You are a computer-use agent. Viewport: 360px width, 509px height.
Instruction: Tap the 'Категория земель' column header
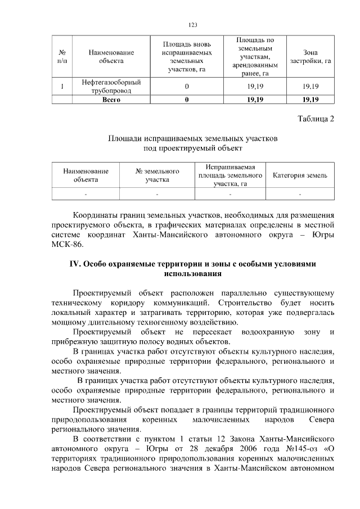tap(300, 175)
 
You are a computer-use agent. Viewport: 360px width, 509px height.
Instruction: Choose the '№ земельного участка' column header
tap(157, 175)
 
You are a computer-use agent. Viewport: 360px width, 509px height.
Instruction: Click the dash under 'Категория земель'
tap(300, 195)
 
